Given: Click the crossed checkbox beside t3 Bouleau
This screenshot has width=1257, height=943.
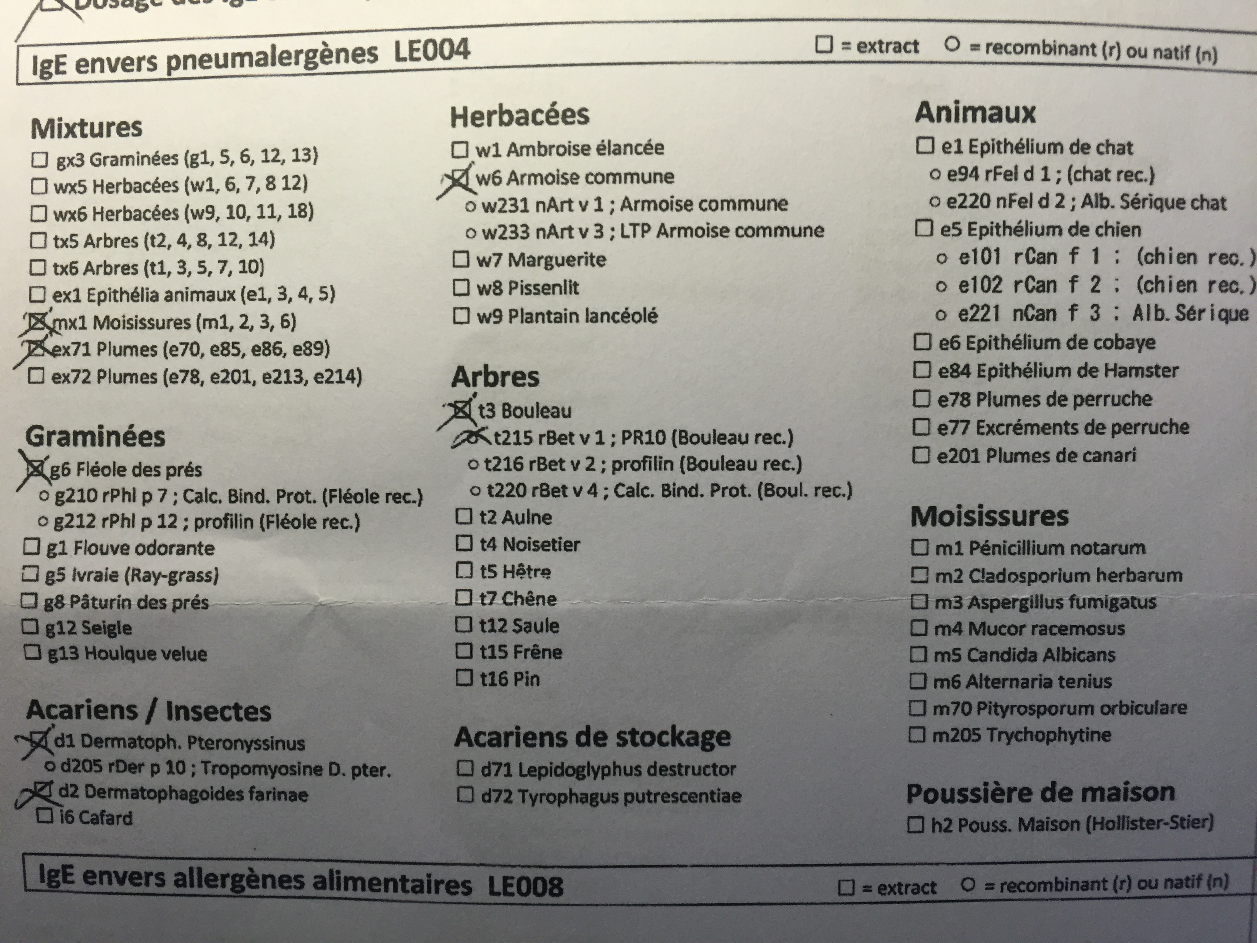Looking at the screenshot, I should tap(463, 409).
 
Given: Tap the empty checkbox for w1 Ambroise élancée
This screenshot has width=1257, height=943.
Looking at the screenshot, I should tap(459, 150).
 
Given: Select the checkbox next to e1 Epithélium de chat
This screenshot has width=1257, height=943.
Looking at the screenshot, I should tap(925, 147).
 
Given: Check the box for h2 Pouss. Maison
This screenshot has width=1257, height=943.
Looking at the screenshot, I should tap(915, 825).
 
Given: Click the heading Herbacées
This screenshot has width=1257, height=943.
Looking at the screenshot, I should tap(520, 116).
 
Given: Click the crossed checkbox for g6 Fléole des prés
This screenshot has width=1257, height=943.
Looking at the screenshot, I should tap(35, 468).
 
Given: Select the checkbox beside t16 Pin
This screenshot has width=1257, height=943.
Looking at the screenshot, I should tap(464, 678).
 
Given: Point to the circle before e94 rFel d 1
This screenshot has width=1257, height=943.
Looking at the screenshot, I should tap(935, 175).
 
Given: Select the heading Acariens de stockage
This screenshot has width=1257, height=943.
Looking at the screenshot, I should tap(592, 737).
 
